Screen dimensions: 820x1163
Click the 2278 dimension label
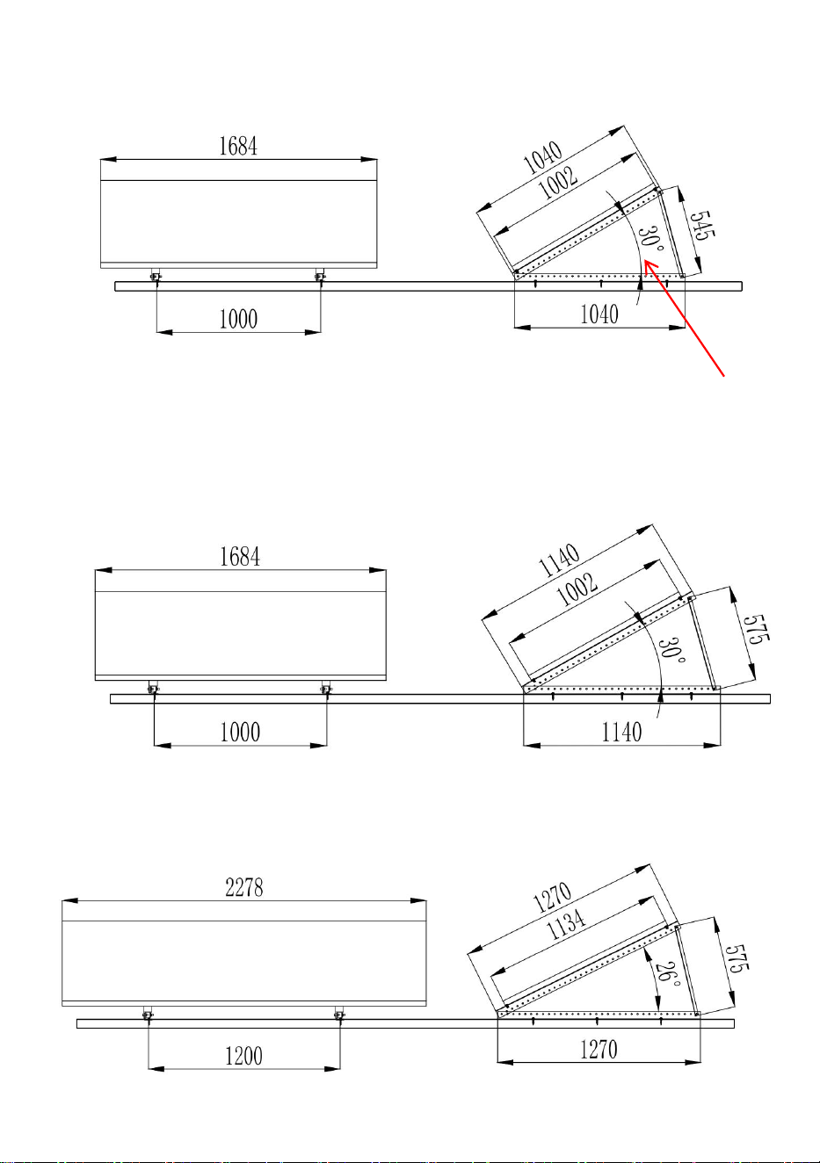pos(244,887)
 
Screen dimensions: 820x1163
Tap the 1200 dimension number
pos(243,1056)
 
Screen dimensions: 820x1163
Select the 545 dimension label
pos(702,226)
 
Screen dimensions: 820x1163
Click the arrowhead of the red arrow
pos(645,262)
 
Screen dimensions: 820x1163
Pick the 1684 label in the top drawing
pos(238,146)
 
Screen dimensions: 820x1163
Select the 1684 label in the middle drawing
pos(240,557)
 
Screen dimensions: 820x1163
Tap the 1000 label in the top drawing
pos(238,319)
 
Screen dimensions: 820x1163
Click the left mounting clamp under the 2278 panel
pos(149,1015)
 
